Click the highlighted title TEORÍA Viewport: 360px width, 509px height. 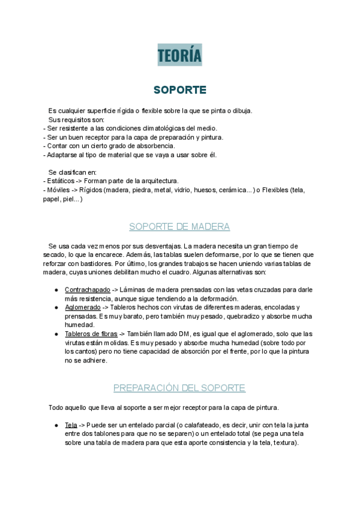(179, 55)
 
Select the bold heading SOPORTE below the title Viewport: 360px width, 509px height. (179, 90)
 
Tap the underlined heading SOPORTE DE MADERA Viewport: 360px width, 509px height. (179, 227)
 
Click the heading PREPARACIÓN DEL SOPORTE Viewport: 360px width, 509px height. (179, 388)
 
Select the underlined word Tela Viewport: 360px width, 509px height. (71, 426)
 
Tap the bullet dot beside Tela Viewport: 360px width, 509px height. (55, 426)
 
